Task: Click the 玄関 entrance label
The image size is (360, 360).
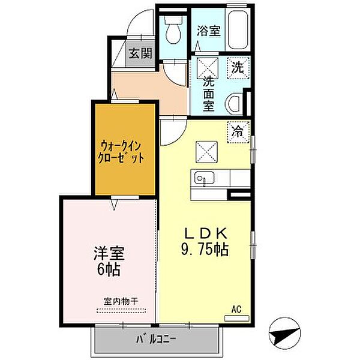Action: pyautogui.click(x=140, y=53)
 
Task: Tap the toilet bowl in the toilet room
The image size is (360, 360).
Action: pyautogui.click(x=173, y=30)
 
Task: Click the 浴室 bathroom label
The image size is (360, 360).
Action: pyautogui.click(x=209, y=31)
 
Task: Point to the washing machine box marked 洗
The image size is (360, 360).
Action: pyautogui.click(x=238, y=68)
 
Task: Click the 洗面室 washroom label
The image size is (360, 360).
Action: pyautogui.click(x=208, y=94)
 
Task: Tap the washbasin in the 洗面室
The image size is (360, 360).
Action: pyautogui.click(x=233, y=104)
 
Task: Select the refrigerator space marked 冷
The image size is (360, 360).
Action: pyautogui.click(x=238, y=132)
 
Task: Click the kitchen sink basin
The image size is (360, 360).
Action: pyautogui.click(x=204, y=178)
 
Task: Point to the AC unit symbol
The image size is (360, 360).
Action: pyautogui.click(x=236, y=319)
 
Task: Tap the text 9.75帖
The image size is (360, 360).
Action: pyautogui.click(x=205, y=250)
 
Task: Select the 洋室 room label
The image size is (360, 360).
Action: pyautogui.click(x=109, y=253)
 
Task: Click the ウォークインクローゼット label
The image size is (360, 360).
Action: pyautogui.click(x=121, y=152)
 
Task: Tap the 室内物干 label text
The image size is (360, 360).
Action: pyautogui.click(x=121, y=301)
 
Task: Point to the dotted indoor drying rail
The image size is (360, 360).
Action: pyautogui.click(x=121, y=311)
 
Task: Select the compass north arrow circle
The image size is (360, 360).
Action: pyautogui.click(x=284, y=333)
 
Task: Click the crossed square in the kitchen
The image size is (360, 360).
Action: pyautogui.click(x=206, y=152)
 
